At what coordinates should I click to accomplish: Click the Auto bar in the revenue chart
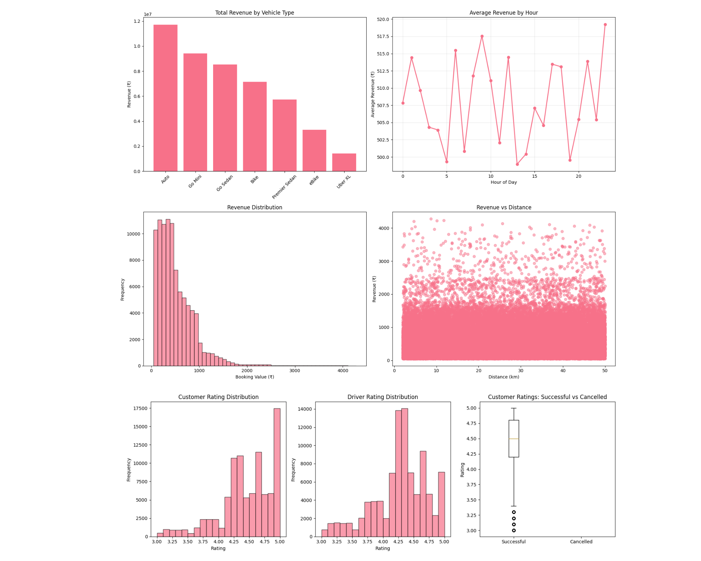coord(165,98)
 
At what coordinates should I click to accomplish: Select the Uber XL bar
coord(344,162)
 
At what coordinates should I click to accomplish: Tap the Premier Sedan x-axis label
coord(284,187)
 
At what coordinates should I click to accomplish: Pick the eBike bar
coord(314,150)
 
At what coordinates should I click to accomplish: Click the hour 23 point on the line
coord(605,25)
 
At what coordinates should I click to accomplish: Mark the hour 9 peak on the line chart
coord(482,36)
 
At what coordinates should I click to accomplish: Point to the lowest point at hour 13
coord(517,164)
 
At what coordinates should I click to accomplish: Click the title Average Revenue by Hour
coord(503,13)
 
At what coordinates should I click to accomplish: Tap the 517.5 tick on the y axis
coord(383,36)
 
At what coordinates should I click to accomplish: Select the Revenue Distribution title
coord(254,207)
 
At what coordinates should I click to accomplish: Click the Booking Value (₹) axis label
coord(254,377)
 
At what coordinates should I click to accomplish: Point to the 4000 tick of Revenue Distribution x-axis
coord(342,371)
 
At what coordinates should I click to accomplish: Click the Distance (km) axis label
coord(503,377)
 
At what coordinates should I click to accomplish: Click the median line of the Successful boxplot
coord(513,439)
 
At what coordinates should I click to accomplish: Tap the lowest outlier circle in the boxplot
coord(513,530)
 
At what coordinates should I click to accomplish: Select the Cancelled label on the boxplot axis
coord(581,542)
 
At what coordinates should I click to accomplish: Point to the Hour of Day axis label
coord(503,182)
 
